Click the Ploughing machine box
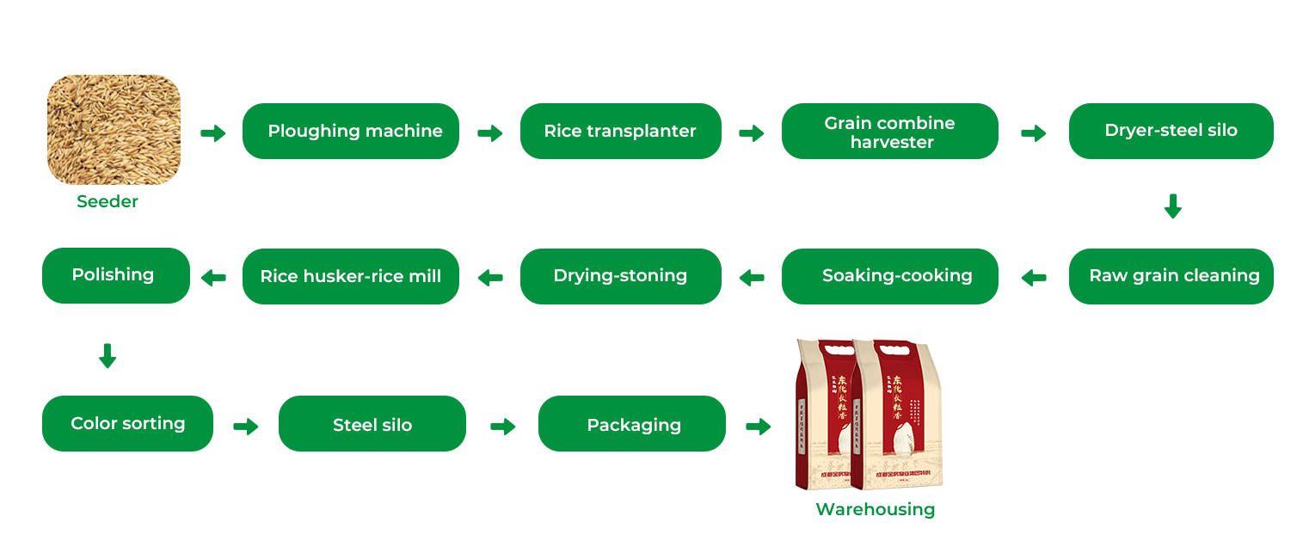350,131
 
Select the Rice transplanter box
620,131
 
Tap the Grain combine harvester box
889,132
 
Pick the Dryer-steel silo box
1171,131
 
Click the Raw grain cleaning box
1170,276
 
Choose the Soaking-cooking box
889,276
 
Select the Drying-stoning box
620,276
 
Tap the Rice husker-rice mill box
350,276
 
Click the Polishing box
116,275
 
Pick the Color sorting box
127,423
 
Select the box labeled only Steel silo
372,424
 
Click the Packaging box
631,424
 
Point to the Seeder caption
108,201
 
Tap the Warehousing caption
875,509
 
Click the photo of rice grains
114,130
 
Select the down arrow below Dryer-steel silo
1172,206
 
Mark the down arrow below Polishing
108,355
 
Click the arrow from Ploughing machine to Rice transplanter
489,133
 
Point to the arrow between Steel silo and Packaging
502,427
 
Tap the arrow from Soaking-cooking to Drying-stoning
752,278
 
